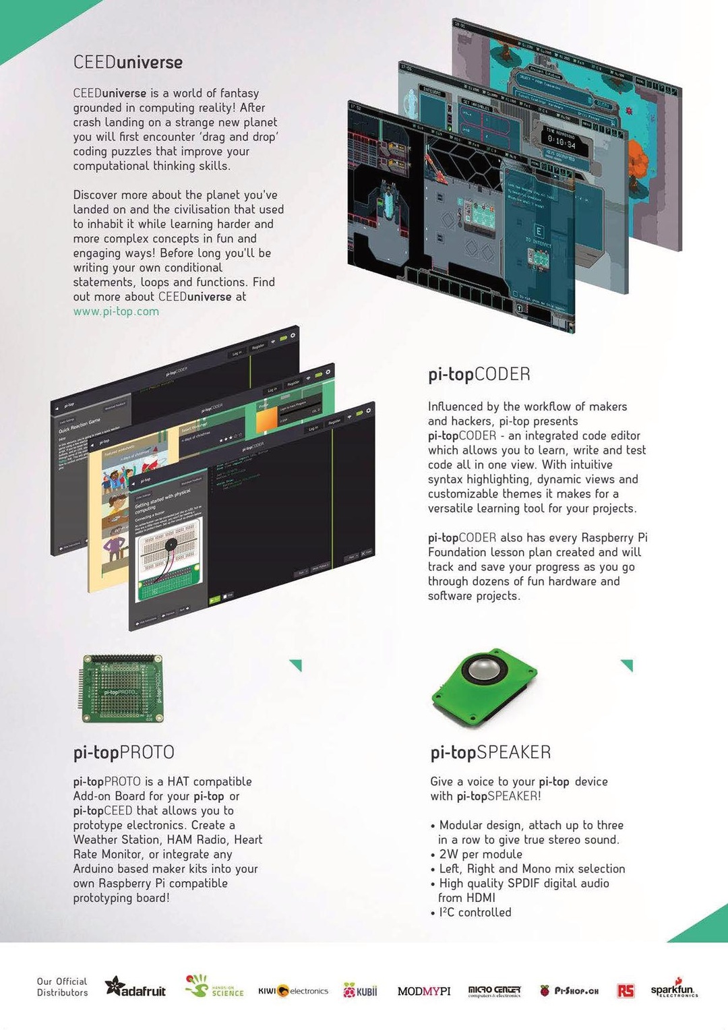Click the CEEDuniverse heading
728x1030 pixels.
coord(128,63)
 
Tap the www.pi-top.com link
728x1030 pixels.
coord(116,311)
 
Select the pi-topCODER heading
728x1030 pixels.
coord(479,375)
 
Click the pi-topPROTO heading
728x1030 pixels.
coord(124,752)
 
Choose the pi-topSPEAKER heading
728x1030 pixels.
coord(491,752)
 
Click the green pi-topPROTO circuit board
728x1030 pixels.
coord(121,689)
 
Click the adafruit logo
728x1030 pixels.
coord(135,989)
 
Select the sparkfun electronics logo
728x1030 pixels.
coord(673,989)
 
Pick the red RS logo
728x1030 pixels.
coord(626,990)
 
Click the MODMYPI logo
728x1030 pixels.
coord(424,991)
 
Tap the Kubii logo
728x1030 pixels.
coord(361,991)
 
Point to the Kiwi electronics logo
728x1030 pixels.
coord(293,991)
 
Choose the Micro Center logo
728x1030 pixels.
coord(494,990)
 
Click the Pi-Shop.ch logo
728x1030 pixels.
coord(570,991)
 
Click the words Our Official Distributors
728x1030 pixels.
coord(62,987)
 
